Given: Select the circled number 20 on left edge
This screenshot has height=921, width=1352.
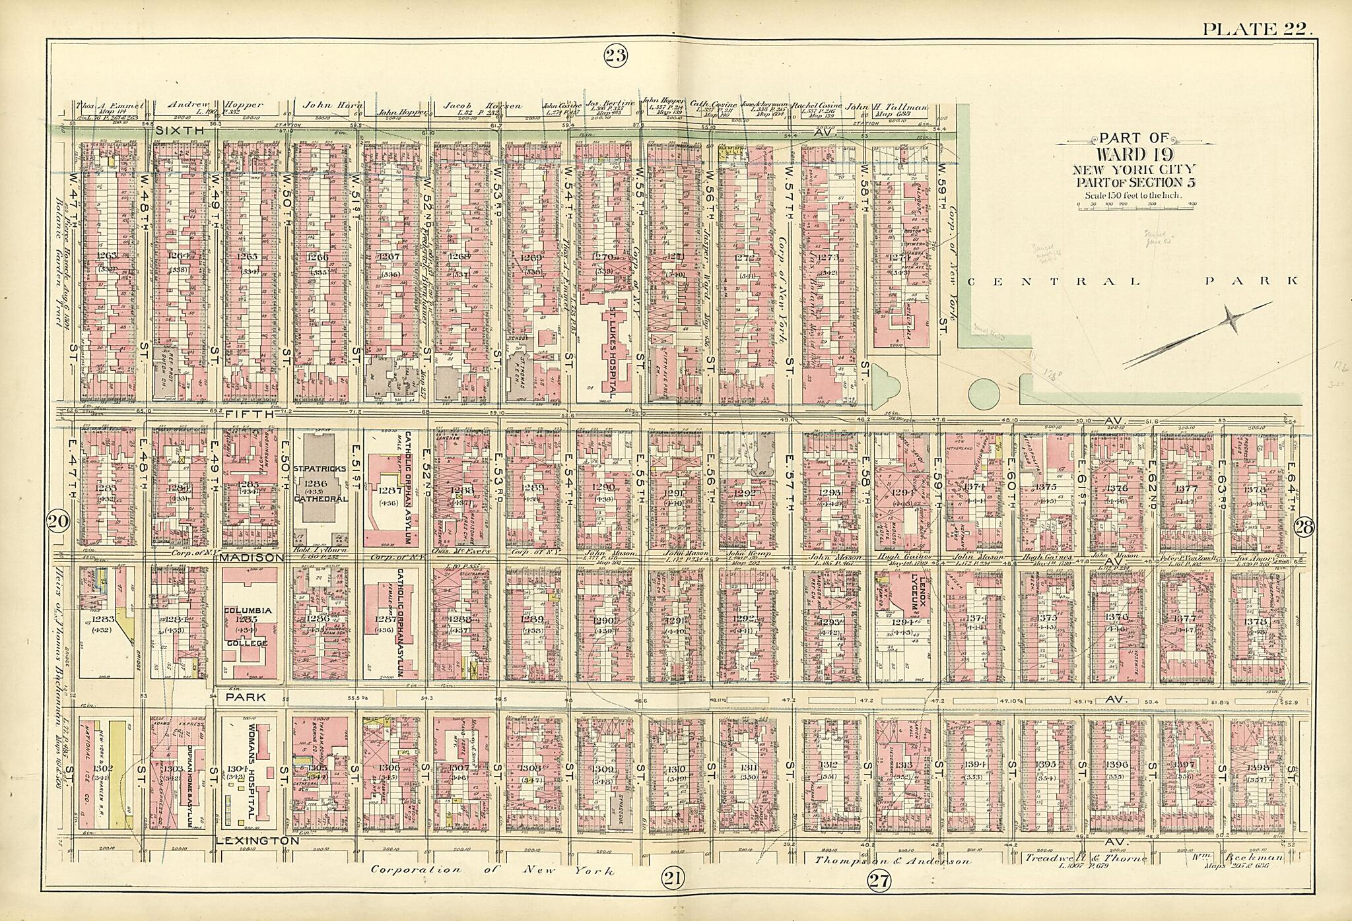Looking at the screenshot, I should (x=58, y=522).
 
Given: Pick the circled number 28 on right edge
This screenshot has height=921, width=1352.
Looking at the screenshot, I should (x=1305, y=526).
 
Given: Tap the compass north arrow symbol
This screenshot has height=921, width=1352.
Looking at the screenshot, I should (x=1198, y=334).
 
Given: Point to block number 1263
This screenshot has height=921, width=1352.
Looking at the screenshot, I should (x=106, y=255).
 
